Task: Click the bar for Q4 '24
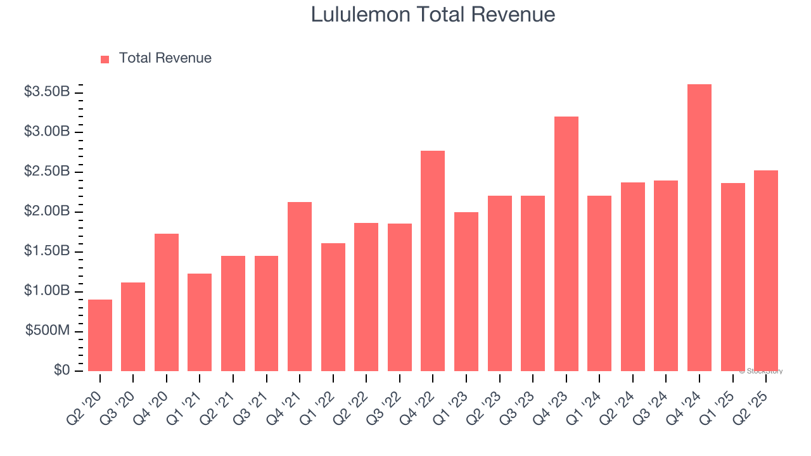click(699, 228)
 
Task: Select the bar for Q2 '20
click(100, 335)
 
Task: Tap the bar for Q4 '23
click(566, 244)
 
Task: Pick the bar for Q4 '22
click(433, 261)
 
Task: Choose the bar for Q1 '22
click(333, 307)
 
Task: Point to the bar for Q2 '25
click(766, 270)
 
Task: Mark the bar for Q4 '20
click(167, 302)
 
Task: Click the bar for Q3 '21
click(266, 313)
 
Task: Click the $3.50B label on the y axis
click(47, 92)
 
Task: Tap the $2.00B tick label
click(47, 212)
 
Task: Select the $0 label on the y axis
click(61, 370)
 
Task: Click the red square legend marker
click(105, 59)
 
